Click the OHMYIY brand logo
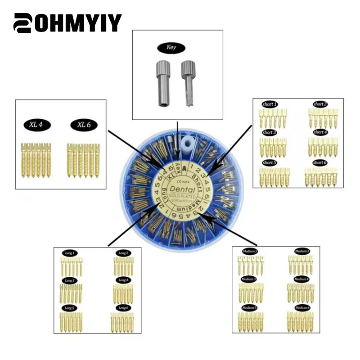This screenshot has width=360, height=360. [x=67, y=22]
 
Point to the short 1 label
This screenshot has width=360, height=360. [x=270, y=104]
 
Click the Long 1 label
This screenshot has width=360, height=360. [x=71, y=253]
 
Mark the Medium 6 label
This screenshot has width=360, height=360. [x=302, y=307]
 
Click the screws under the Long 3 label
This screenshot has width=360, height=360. [x=71, y=293]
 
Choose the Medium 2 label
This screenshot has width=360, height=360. [x=302, y=251]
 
